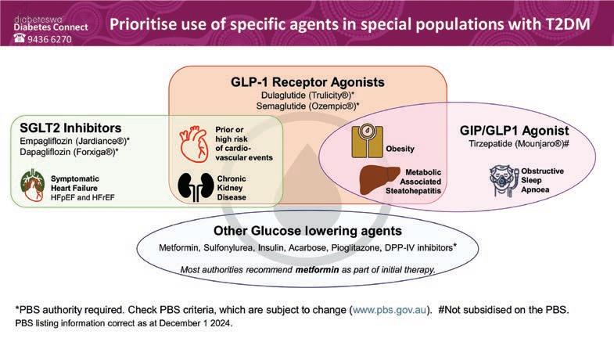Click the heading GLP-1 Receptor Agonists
tap(307, 81)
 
